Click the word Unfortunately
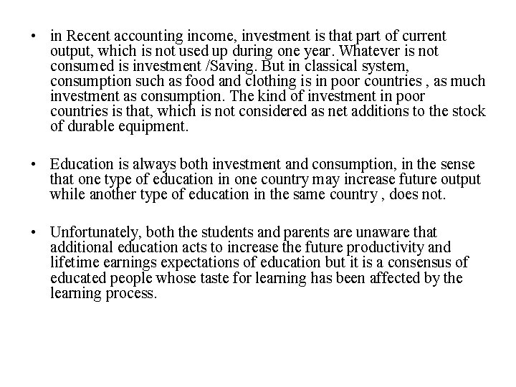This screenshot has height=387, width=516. click(x=92, y=232)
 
